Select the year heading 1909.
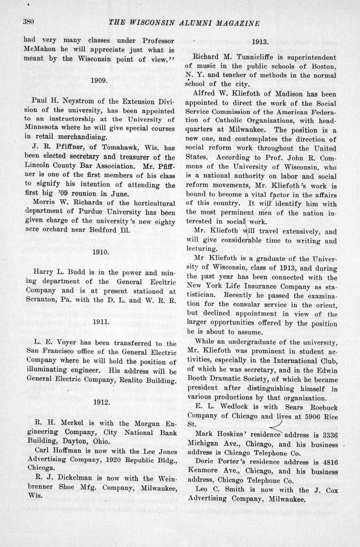pyautogui.click(x=98, y=80)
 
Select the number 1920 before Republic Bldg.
pyautogui.click(x=115, y=460)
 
